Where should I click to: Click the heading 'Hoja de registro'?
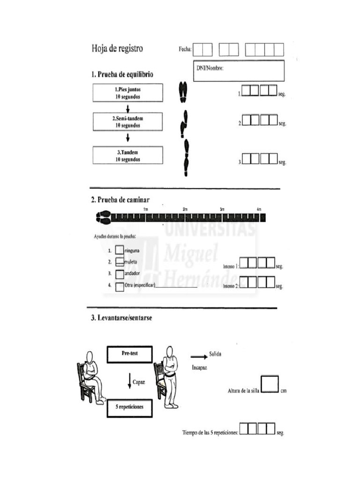pyautogui.click(x=117, y=48)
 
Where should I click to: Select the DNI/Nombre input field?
pyautogui.click(x=239, y=71)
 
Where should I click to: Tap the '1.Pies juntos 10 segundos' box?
pyautogui.click(x=127, y=93)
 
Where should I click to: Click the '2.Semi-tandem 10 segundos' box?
pyautogui.click(x=127, y=122)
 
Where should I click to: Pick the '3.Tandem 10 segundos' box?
pyautogui.click(x=127, y=155)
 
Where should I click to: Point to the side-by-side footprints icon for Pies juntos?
pyautogui.click(x=182, y=92)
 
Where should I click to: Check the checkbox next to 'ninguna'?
pyautogui.click(x=120, y=251)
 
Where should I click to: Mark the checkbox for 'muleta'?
pyautogui.click(x=120, y=262)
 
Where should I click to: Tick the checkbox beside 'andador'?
pyautogui.click(x=120, y=273)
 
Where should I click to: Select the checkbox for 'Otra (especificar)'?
pyautogui.click(x=120, y=285)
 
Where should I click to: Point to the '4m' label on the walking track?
pyautogui.click(x=259, y=209)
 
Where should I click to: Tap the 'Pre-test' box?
pyautogui.click(x=130, y=354)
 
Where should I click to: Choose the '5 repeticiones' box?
pyautogui.click(x=130, y=407)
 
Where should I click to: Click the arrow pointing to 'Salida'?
pyautogui.click(x=198, y=356)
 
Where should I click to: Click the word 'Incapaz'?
pyautogui.click(x=199, y=368)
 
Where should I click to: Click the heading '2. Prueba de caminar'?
pyautogui.click(x=120, y=200)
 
